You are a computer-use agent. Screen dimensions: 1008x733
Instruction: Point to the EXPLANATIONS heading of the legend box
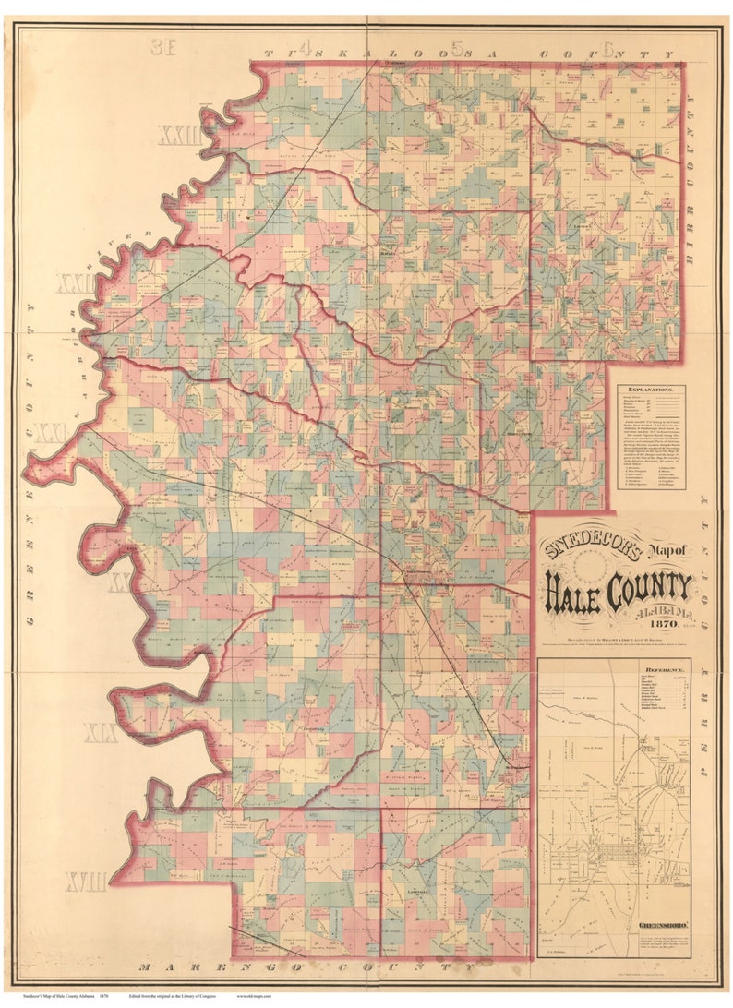(x=651, y=390)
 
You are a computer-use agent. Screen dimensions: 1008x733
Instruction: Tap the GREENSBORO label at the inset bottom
(x=662, y=923)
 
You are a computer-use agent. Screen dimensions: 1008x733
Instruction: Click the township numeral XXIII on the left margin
(x=179, y=137)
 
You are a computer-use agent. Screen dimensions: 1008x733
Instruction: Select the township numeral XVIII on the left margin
(x=86, y=882)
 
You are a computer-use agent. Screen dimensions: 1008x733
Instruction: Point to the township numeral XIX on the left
(x=101, y=735)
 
